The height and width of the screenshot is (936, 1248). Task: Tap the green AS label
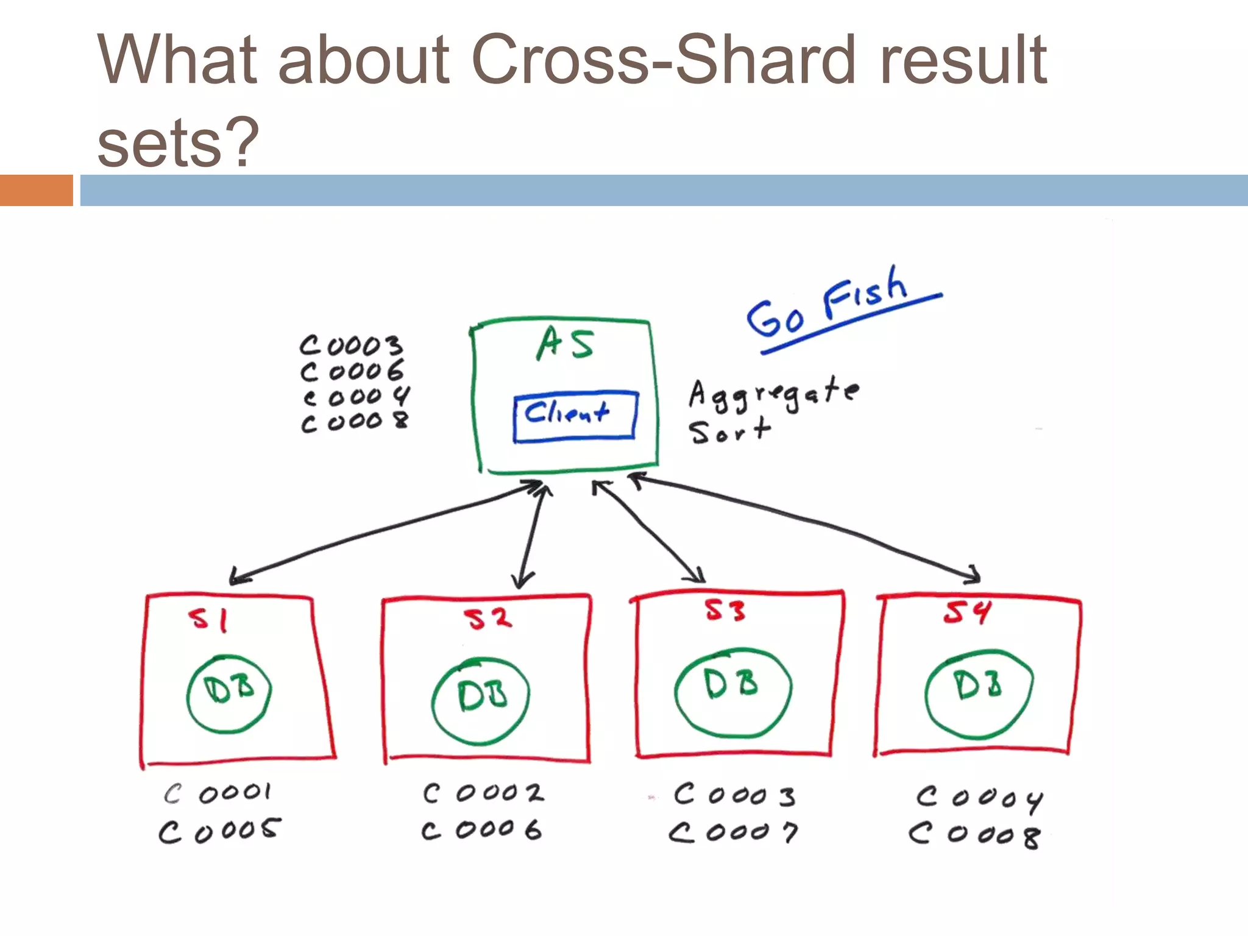pos(565,343)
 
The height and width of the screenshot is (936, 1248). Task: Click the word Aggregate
pos(774,394)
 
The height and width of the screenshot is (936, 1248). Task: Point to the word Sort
pos(730,431)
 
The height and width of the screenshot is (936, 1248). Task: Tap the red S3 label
pos(725,610)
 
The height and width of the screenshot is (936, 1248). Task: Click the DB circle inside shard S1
pos(229,693)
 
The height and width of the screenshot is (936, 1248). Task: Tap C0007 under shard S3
pos(733,832)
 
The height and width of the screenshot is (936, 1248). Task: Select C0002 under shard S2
pos(483,793)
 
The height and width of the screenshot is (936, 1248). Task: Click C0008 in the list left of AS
pos(355,422)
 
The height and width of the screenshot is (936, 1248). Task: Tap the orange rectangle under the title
pos(36,190)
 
